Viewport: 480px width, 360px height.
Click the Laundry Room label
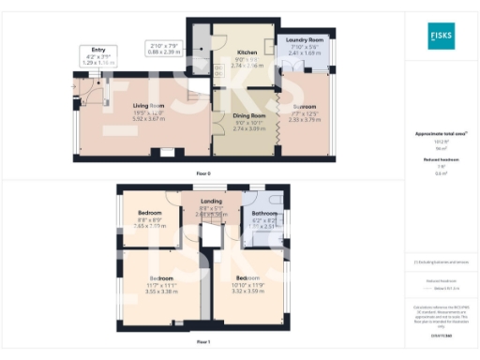(304, 40)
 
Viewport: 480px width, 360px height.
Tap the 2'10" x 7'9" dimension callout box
(165, 49)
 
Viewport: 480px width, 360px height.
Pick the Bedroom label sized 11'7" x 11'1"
(162, 278)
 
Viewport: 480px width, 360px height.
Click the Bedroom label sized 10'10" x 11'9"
(248, 278)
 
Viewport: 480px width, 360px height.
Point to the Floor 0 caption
(202, 173)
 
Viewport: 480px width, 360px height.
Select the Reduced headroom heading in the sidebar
(441, 160)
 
